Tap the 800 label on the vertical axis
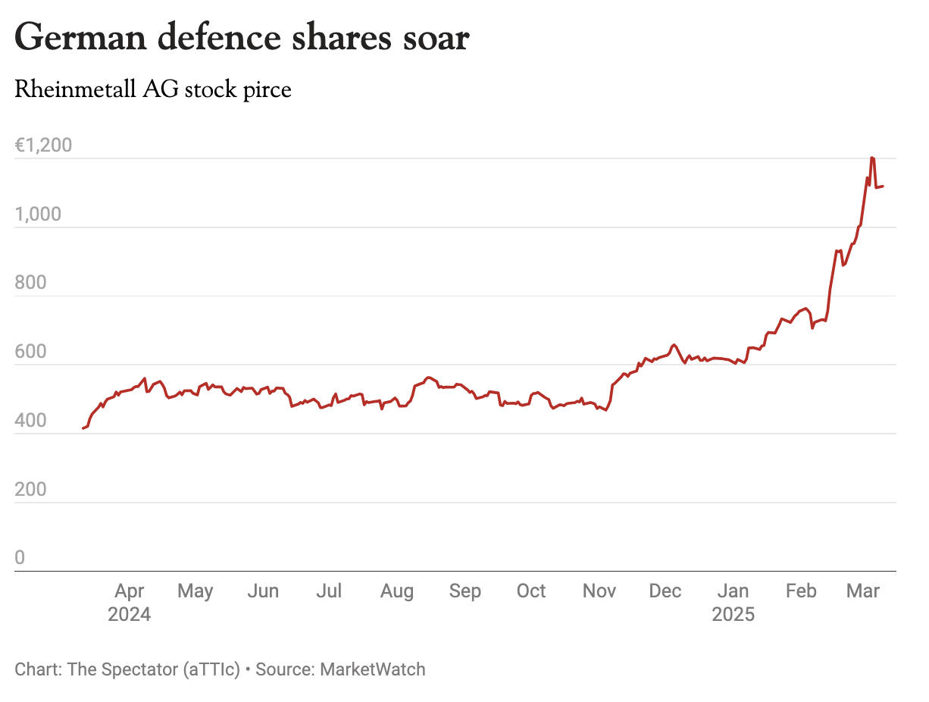click(x=30, y=283)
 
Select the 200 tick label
click(x=30, y=489)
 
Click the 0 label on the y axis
click(x=20, y=558)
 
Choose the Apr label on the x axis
click(x=130, y=591)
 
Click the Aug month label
click(x=397, y=591)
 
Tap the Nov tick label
click(x=599, y=591)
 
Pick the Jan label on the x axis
click(x=733, y=591)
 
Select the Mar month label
click(x=862, y=591)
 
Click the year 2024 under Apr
click(x=130, y=614)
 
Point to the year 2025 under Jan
click(x=733, y=614)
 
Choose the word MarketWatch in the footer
click(x=373, y=669)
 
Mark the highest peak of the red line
click(x=873, y=158)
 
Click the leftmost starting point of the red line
click(x=83, y=428)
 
